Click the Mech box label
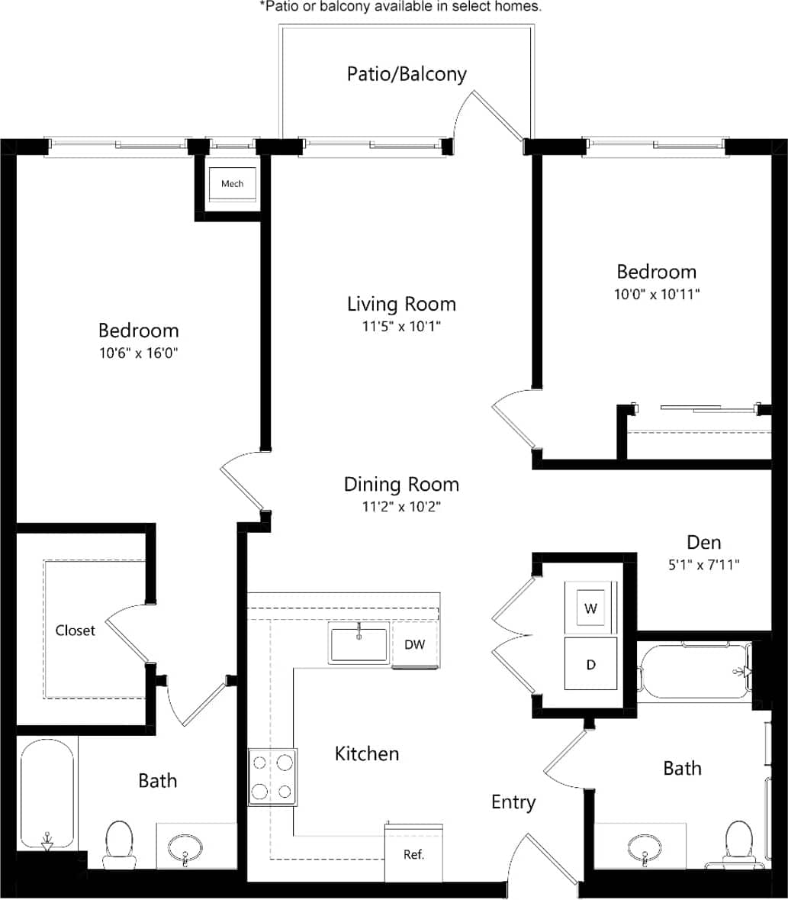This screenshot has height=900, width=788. (x=232, y=184)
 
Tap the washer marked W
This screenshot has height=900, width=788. (x=590, y=608)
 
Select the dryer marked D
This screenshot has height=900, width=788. (x=590, y=664)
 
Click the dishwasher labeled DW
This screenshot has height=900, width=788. (x=414, y=644)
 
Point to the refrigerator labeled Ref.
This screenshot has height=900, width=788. (x=413, y=853)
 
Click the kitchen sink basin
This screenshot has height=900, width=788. (x=359, y=644)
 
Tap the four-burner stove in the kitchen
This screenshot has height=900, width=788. (x=272, y=776)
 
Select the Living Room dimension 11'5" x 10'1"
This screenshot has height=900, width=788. (x=401, y=326)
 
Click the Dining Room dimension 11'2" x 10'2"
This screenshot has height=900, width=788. (x=401, y=506)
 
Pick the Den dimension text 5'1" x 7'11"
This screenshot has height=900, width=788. (x=703, y=565)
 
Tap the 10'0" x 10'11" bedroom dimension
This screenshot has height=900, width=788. (x=656, y=293)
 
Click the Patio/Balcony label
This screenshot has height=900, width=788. (x=406, y=74)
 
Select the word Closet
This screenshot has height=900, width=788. (x=76, y=631)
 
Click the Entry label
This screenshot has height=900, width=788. (x=513, y=802)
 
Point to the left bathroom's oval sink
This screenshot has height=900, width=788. (x=185, y=847)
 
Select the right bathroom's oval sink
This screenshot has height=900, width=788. (x=645, y=847)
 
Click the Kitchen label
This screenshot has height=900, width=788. (x=367, y=754)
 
